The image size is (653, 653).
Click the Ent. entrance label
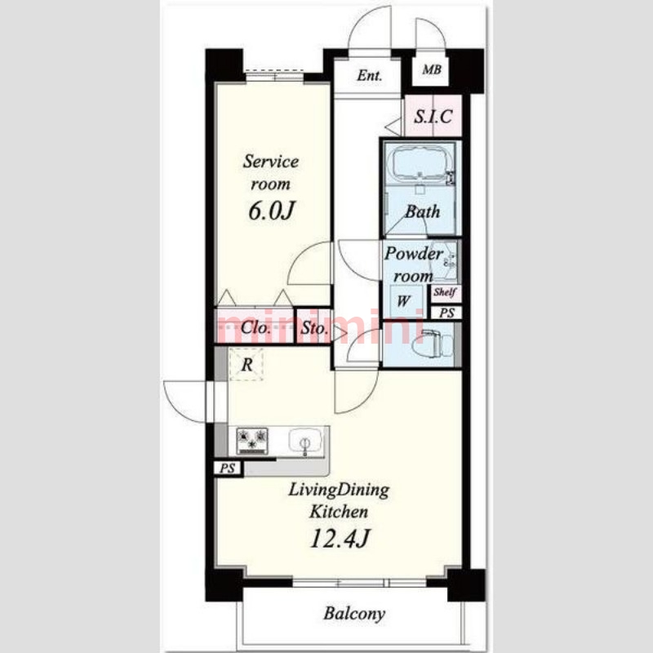[x=370, y=75]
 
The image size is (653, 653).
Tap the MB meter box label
[x=432, y=69]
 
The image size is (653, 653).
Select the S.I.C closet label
[x=433, y=117]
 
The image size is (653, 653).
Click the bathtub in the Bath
[x=420, y=163]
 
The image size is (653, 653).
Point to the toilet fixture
[x=432, y=344]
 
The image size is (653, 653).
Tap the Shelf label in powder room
[x=445, y=292]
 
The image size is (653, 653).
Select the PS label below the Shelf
[x=446, y=313]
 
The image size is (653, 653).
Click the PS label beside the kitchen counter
[x=228, y=468]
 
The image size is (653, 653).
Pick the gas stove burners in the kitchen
[x=252, y=441]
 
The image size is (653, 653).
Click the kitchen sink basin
[x=305, y=442]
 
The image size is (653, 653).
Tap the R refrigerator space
[x=247, y=364]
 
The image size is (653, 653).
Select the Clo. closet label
[x=256, y=328]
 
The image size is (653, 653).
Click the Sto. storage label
[x=314, y=328]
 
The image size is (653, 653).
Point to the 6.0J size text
[x=272, y=211]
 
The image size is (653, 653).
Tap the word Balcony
[x=354, y=614]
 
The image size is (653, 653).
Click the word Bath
[x=423, y=211]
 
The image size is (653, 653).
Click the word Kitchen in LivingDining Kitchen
[x=339, y=512]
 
